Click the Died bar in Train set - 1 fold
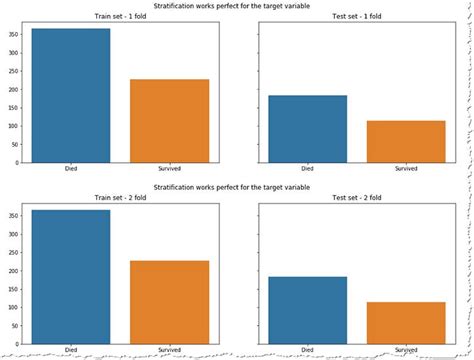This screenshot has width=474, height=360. [71, 96]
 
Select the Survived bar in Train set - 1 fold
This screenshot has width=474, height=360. [168, 121]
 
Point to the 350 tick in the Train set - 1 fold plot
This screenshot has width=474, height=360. [14, 35]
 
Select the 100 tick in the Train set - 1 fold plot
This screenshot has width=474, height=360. [14, 126]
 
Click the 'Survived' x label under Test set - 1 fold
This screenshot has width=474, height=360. [406, 170]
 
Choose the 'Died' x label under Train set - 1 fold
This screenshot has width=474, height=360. [71, 170]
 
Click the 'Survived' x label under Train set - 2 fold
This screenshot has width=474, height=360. [168, 349]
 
